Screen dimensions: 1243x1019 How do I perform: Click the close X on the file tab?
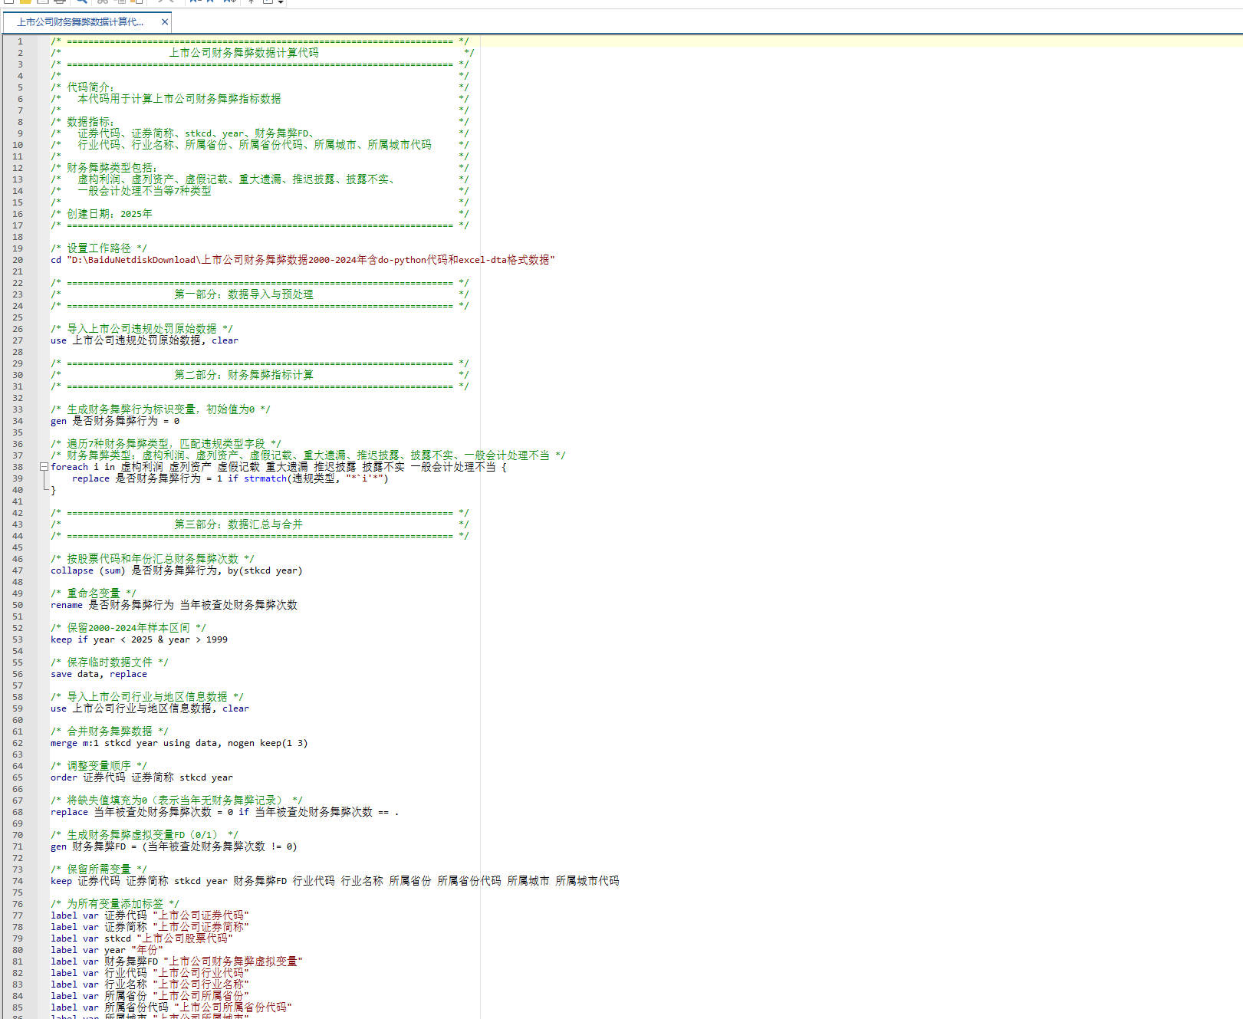click(x=164, y=22)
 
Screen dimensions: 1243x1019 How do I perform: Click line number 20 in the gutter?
click(x=18, y=260)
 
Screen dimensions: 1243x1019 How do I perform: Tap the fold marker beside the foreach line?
click(x=44, y=467)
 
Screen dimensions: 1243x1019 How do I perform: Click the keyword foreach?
click(x=69, y=467)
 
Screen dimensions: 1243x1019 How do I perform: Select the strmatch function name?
click(x=265, y=478)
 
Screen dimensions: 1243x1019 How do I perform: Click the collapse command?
click(x=72, y=570)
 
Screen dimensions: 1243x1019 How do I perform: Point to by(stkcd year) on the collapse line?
click(x=265, y=570)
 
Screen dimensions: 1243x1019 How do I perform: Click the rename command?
click(x=67, y=605)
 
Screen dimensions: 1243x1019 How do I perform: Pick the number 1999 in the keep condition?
click(x=216, y=639)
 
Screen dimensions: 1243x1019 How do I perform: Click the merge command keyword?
click(x=64, y=743)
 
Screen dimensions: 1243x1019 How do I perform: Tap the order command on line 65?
click(x=64, y=777)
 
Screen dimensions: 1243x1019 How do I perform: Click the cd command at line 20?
click(x=56, y=260)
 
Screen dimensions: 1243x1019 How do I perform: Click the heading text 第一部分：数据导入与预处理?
click(x=244, y=294)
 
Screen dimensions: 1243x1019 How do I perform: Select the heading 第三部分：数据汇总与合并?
click(x=238, y=524)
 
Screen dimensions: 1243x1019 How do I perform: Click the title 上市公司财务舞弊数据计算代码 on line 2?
click(x=244, y=53)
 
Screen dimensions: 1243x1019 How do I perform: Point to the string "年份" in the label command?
click(x=147, y=950)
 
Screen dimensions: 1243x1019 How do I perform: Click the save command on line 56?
click(x=61, y=674)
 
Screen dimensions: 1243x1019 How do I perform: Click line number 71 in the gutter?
click(x=18, y=846)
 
